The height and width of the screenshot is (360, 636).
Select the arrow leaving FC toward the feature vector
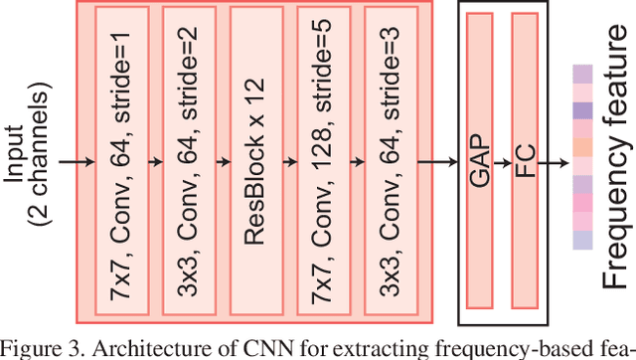click(556, 158)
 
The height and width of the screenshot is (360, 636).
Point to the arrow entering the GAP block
click(438, 158)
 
